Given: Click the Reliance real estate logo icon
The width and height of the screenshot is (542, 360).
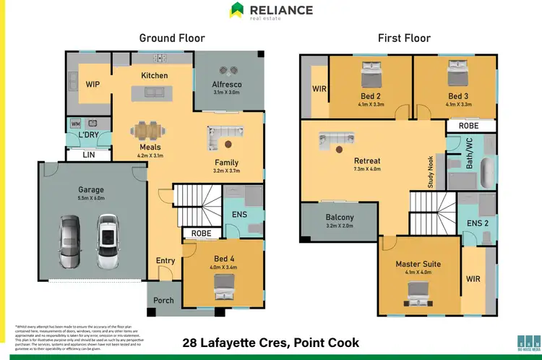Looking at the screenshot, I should [x=236, y=10].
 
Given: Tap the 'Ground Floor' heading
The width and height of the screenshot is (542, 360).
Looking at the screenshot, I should [x=172, y=38].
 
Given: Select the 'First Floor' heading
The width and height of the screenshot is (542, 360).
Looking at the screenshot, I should [x=405, y=38].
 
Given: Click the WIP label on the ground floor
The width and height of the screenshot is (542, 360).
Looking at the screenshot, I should [x=93, y=85].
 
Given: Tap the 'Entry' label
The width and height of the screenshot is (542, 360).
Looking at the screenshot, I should [x=165, y=261].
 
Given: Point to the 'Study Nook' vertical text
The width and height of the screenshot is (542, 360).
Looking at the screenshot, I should [x=431, y=172].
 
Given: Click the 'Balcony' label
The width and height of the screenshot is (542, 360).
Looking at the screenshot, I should [x=340, y=218].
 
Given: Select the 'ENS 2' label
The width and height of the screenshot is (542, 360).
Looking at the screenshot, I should [x=478, y=224].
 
